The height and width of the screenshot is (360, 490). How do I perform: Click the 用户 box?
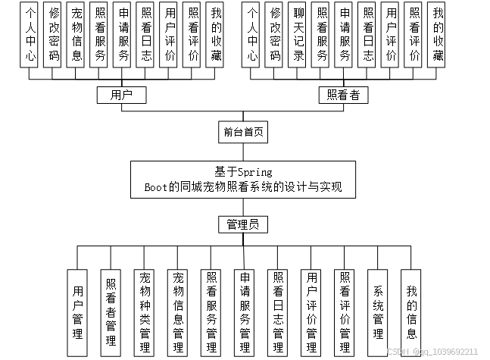pos(121,95)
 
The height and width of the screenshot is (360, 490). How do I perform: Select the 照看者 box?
pos(342,95)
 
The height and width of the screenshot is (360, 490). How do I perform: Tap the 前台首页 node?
pos(243,132)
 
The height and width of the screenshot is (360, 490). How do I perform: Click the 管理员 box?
pos(243,224)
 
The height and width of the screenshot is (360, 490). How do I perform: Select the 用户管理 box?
pos(77,311)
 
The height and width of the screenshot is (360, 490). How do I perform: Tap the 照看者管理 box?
pos(111,311)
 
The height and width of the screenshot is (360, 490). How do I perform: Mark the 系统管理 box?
pos(378,311)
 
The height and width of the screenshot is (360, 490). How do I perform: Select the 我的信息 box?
pos(411,311)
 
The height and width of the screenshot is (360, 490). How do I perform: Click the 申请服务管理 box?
pos(244,311)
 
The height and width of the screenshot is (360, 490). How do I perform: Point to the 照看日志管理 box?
pos(277,311)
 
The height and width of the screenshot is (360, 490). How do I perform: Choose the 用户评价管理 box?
pos(311,311)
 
